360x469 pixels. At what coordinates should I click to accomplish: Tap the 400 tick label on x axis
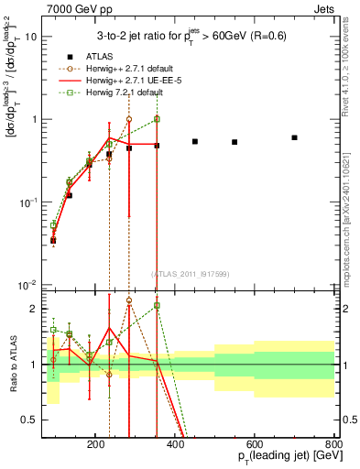click(x=216, y=443)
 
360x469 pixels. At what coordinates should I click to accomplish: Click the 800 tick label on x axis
click(x=334, y=443)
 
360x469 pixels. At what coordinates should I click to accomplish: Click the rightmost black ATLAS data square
click(x=294, y=137)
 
